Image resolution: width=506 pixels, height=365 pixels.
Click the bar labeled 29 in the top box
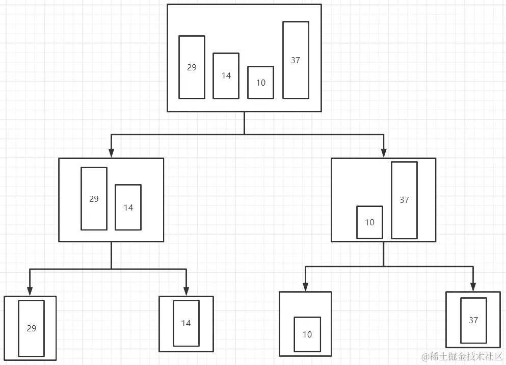click(192, 67)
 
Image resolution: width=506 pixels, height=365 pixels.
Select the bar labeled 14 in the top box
click(226, 76)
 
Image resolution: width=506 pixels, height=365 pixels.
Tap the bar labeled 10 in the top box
click(260, 83)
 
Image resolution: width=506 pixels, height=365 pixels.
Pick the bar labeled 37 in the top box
click(296, 60)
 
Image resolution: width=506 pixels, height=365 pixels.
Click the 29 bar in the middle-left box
click(94, 199)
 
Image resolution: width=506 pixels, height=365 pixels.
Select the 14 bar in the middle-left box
click(128, 207)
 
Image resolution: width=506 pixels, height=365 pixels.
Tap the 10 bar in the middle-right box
click(369, 222)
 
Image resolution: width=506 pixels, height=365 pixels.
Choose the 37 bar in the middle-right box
click(404, 200)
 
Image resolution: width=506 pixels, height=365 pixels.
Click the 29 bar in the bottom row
click(31, 328)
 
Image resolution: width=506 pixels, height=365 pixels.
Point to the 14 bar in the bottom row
click(186, 323)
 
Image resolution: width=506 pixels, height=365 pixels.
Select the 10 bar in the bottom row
click(307, 334)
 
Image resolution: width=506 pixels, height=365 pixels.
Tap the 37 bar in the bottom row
click(473, 320)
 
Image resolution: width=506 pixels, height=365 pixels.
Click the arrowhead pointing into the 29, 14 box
click(111, 153)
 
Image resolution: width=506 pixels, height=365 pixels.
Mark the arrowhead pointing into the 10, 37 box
click(384, 153)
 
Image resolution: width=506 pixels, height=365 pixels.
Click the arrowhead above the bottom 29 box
click(30, 291)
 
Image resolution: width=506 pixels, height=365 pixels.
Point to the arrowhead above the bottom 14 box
click(186, 291)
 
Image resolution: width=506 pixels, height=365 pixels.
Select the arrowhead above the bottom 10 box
click(305, 286)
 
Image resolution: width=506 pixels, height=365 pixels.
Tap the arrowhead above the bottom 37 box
click(473, 286)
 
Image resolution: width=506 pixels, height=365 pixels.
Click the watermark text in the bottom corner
click(462, 356)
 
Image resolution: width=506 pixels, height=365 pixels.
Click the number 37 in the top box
click(296, 60)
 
